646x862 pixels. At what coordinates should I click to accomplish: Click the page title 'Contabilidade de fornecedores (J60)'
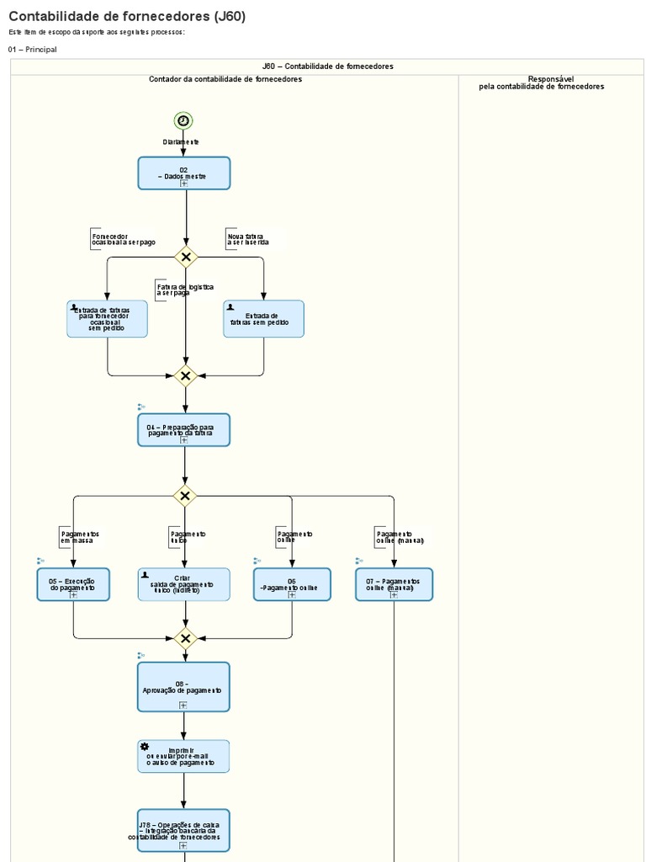[x=127, y=16]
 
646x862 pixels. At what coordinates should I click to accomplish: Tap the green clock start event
[x=183, y=121]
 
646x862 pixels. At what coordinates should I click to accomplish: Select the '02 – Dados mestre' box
[x=183, y=173]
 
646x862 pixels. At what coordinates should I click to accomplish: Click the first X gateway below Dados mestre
[x=186, y=257]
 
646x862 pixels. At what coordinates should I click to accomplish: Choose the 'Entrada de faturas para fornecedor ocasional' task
[x=107, y=319]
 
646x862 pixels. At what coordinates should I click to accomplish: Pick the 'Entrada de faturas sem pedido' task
[x=263, y=319]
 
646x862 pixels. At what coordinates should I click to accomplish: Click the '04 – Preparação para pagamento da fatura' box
[x=183, y=430]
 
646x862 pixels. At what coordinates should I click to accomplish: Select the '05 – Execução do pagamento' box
[x=73, y=584]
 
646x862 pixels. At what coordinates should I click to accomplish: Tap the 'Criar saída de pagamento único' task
[x=183, y=584]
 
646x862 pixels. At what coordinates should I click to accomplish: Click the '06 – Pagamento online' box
[x=292, y=584]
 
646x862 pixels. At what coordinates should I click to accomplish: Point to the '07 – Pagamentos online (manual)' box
[x=394, y=584]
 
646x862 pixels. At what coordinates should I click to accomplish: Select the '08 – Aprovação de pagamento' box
[x=183, y=687]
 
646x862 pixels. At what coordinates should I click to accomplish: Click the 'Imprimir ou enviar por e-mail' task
[x=183, y=757]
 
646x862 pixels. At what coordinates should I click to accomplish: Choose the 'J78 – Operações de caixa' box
[x=183, y=830]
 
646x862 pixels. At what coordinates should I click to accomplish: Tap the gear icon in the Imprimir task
[x=145, y=747]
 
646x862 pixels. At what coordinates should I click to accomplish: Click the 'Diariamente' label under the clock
[x=182, y=142]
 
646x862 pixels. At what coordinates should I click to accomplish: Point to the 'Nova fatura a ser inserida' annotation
[x=248, y=239]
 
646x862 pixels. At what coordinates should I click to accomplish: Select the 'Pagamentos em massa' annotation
[x=79, y=537]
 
